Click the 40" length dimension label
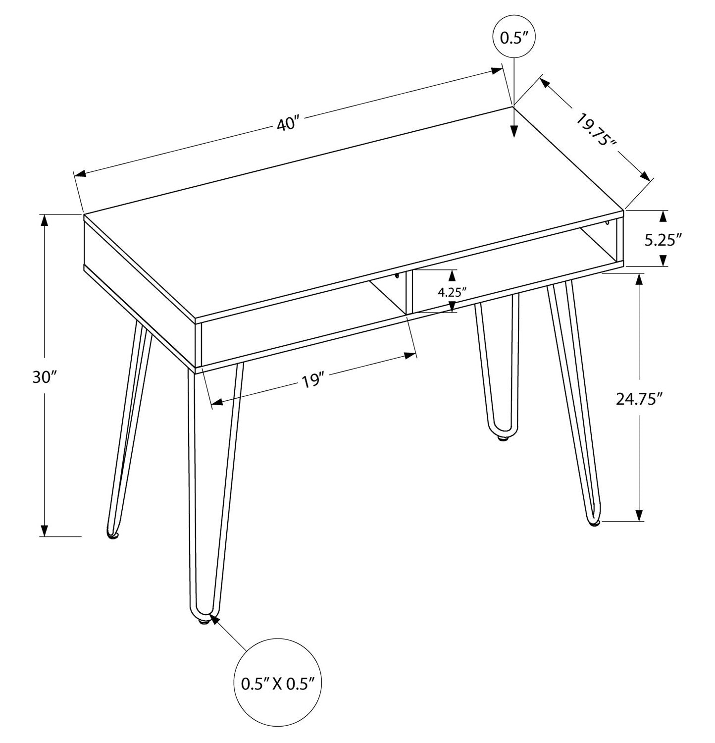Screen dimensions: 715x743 (288, 123)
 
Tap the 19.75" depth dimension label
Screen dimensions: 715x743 (596, 129)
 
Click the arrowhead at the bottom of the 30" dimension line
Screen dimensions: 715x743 (45, 531)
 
